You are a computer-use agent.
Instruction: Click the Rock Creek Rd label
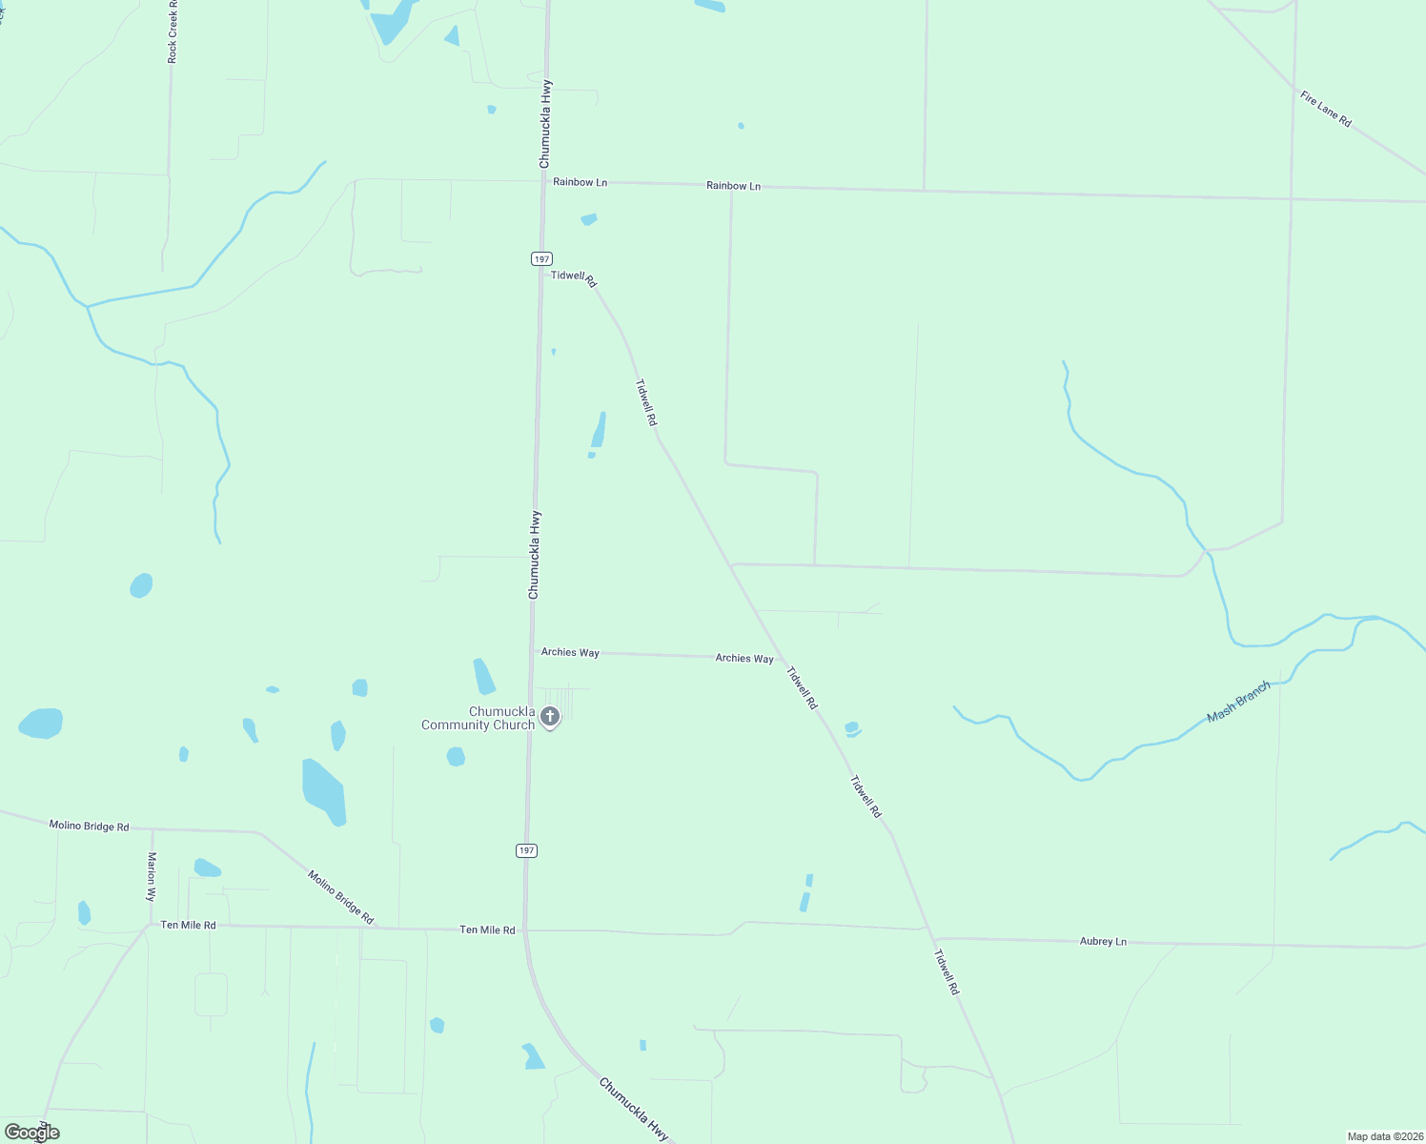tap(173, 32)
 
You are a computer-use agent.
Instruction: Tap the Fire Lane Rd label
tap(1326, 109)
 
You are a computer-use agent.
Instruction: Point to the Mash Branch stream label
tap(1238, 702)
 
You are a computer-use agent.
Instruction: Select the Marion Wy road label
tap(151, 876)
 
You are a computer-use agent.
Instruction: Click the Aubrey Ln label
tap(1103, 941)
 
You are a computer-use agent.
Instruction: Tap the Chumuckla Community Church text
tap(479, 718)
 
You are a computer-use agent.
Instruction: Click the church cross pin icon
tap(550, 717)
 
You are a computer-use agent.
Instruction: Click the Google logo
tap(31, 1133)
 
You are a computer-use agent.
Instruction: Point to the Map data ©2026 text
tap(1384, 1136)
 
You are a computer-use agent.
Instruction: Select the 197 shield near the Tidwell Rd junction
tap(541, 259)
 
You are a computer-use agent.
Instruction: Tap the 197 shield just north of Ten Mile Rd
tap(527, 850)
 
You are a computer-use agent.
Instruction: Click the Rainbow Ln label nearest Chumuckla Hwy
tap(580, 182)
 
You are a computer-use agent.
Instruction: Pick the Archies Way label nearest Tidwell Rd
tap(744, 658)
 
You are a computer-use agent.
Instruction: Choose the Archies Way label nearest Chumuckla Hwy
tap(570, 652)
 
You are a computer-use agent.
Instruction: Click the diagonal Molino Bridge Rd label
tap(340, 896)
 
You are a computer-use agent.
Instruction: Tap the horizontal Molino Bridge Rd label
tap(89, 826)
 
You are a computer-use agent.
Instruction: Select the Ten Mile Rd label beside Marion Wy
tap(188, 925)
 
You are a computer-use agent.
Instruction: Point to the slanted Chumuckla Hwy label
tap(634, 1109)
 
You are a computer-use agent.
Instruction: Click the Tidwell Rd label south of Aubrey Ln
tap(947, 972)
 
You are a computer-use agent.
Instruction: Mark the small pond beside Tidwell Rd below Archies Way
tap(852, 729)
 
